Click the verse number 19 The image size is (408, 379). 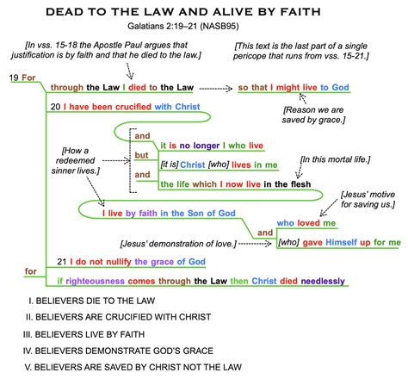point(14,78)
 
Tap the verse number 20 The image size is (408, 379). point(55,107)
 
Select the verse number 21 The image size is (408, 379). point(62,262)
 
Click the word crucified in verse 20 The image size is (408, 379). point(133,107)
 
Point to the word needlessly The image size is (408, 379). point(323,281)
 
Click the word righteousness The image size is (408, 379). point(95,281)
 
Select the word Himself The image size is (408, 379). point(342,242)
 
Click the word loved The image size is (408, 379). point(308,223)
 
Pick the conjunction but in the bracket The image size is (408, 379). point(141,155)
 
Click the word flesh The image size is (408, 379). point(300,184)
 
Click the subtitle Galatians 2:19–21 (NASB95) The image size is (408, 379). point(183,26)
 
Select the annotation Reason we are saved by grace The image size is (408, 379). point(313,115)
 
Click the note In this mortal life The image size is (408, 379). point(335,159)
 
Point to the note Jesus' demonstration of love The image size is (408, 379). point(178,244)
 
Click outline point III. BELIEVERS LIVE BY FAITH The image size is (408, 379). point(83,334)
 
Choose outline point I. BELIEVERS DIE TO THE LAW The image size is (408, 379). point(92,301)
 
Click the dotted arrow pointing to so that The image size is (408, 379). point(216,89)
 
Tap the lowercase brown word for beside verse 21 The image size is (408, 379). point(30,271)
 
